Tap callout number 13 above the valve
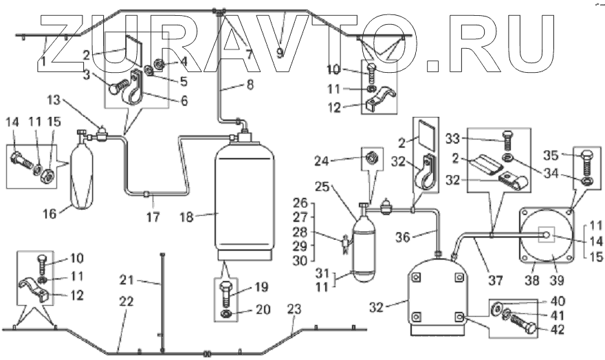tap(54, 100)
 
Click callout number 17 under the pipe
tap(153, 217)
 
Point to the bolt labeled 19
tap(225, 293)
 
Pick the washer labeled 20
tap(225, 314)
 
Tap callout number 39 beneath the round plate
tap(557, 280)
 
